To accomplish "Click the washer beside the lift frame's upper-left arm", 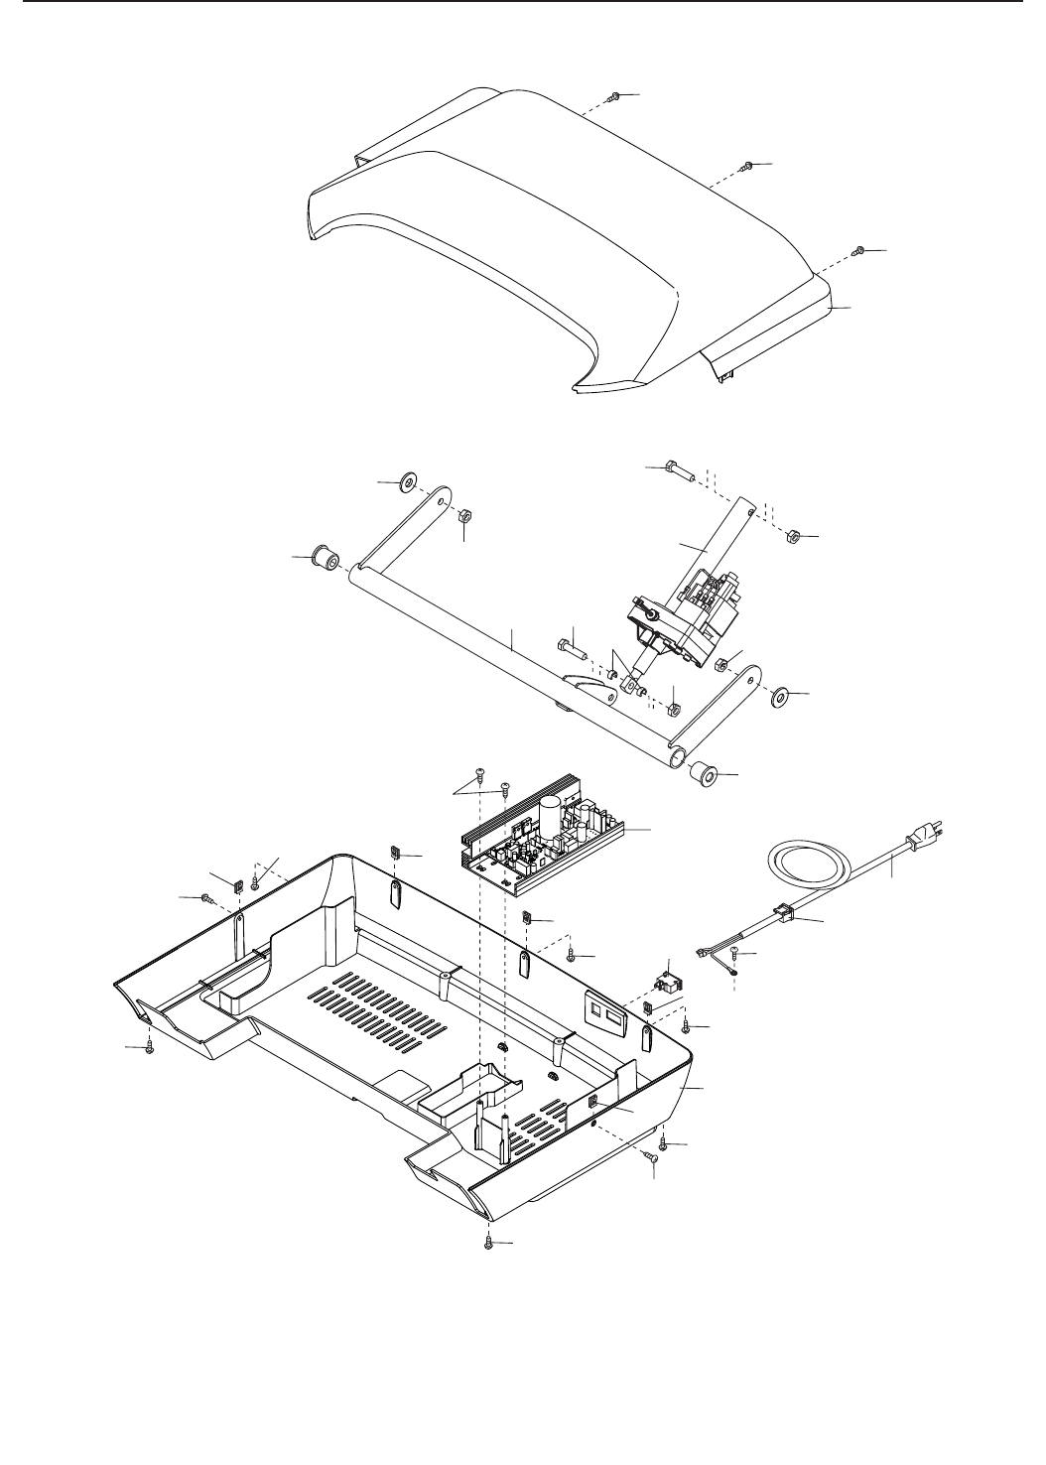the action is coord(407,483).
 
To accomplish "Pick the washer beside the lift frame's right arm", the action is coord(781,695).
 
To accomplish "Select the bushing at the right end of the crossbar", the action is coord(703,772).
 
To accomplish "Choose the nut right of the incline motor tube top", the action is coord(793,537).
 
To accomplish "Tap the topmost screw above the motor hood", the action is coord(616,96).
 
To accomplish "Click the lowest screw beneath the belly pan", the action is coord(489,1242).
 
